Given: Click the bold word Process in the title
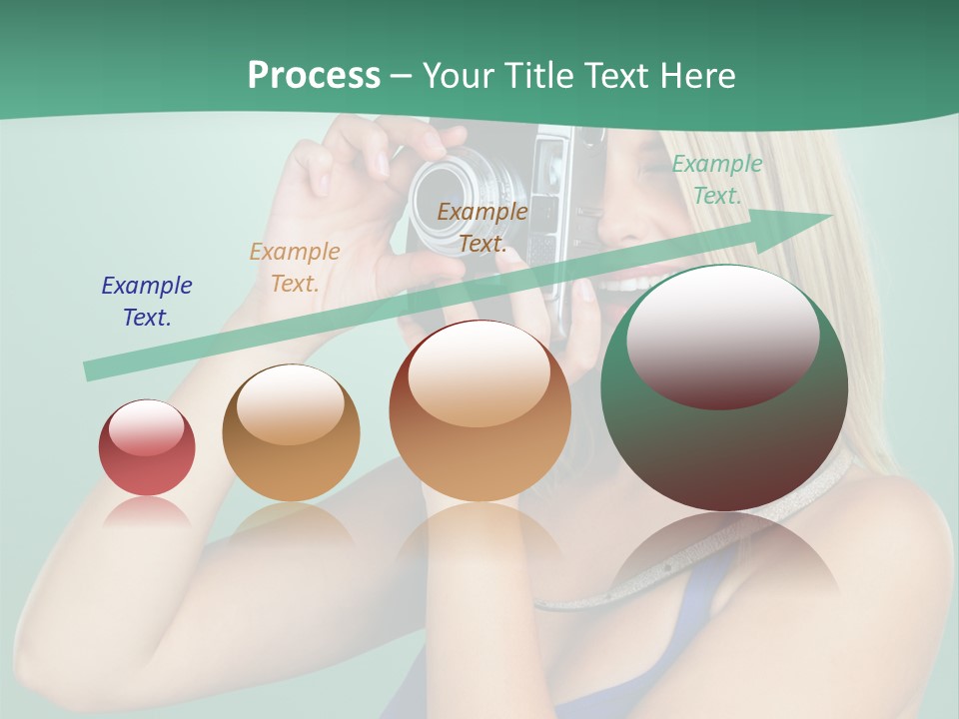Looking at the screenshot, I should [314, 76].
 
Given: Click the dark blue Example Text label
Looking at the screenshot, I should [147, 301].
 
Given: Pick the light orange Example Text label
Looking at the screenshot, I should [295, 268].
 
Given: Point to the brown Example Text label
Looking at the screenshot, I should [482, 227].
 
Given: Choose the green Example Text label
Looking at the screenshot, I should [716, 180].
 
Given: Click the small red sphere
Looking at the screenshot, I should [147, 448].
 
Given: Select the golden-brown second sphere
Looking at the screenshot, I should [291, 432].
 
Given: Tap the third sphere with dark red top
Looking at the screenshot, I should [479, 410].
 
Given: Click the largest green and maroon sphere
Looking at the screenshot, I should [724, 387].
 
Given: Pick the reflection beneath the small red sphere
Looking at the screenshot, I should [147, 512].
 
